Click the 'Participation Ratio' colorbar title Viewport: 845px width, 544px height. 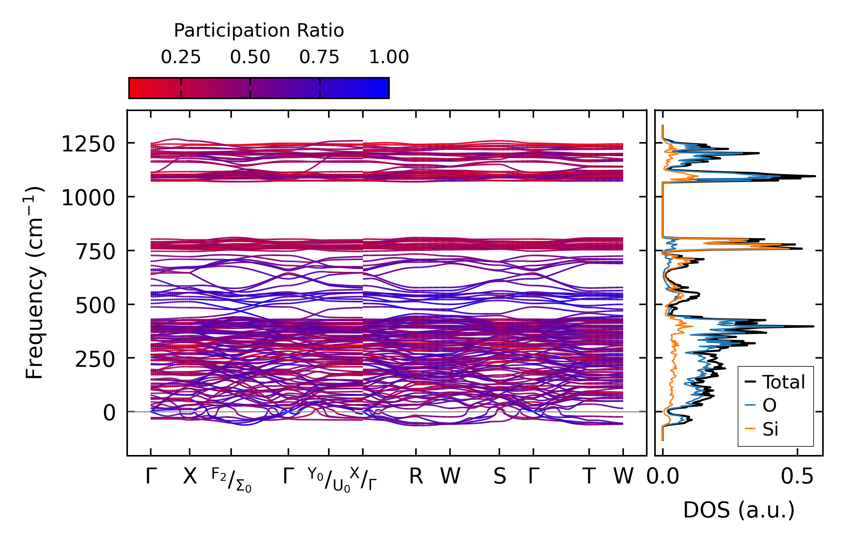click(x=259, y=31)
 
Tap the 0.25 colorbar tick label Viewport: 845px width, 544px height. click(x=181, y=58)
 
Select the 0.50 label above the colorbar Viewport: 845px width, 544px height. click(x=250, y=58)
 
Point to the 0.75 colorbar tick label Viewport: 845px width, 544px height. click(x=319, y=58)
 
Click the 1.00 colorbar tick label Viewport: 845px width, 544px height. click(x=389, y=58)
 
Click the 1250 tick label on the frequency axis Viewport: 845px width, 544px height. click(x=88, y=144)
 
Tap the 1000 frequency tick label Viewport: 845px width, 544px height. click(x=88, y=198)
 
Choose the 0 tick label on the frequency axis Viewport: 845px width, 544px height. click(x=110, y=414)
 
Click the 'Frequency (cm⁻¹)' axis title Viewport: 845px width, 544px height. click(x=34, y=283)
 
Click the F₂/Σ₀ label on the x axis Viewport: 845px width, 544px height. click(x=231, y=480)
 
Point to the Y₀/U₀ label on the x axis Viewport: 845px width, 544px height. click(x=329, y=480)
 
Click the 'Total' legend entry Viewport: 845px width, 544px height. click(x=783, y=382)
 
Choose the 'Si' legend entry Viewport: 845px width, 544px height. click(x=770, y=429)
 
